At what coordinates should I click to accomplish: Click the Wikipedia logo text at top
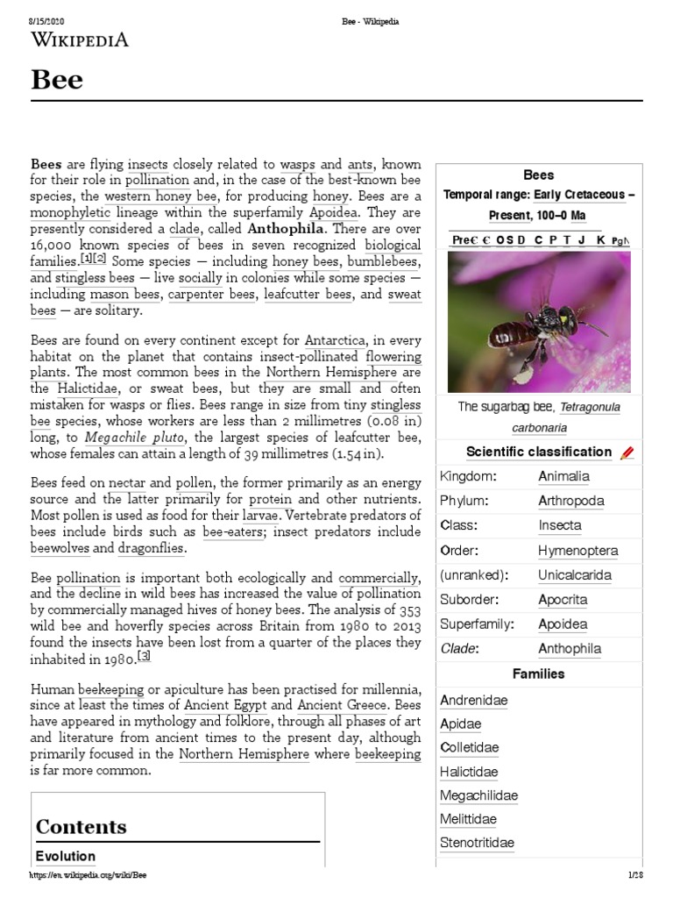click(80, 39)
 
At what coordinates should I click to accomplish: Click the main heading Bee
click(57, 80)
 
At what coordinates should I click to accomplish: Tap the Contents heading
click(81, 826)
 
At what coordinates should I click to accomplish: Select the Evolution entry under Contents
click(66, 856)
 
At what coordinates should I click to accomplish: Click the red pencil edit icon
click(626, 453)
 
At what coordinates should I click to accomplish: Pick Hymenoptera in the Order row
click(577, 551)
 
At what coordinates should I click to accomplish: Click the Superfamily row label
click(477, 624)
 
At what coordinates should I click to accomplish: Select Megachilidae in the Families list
click(478, 795)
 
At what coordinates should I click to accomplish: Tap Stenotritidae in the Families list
click(477, 843)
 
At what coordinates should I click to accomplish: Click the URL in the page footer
click(89, 875)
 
